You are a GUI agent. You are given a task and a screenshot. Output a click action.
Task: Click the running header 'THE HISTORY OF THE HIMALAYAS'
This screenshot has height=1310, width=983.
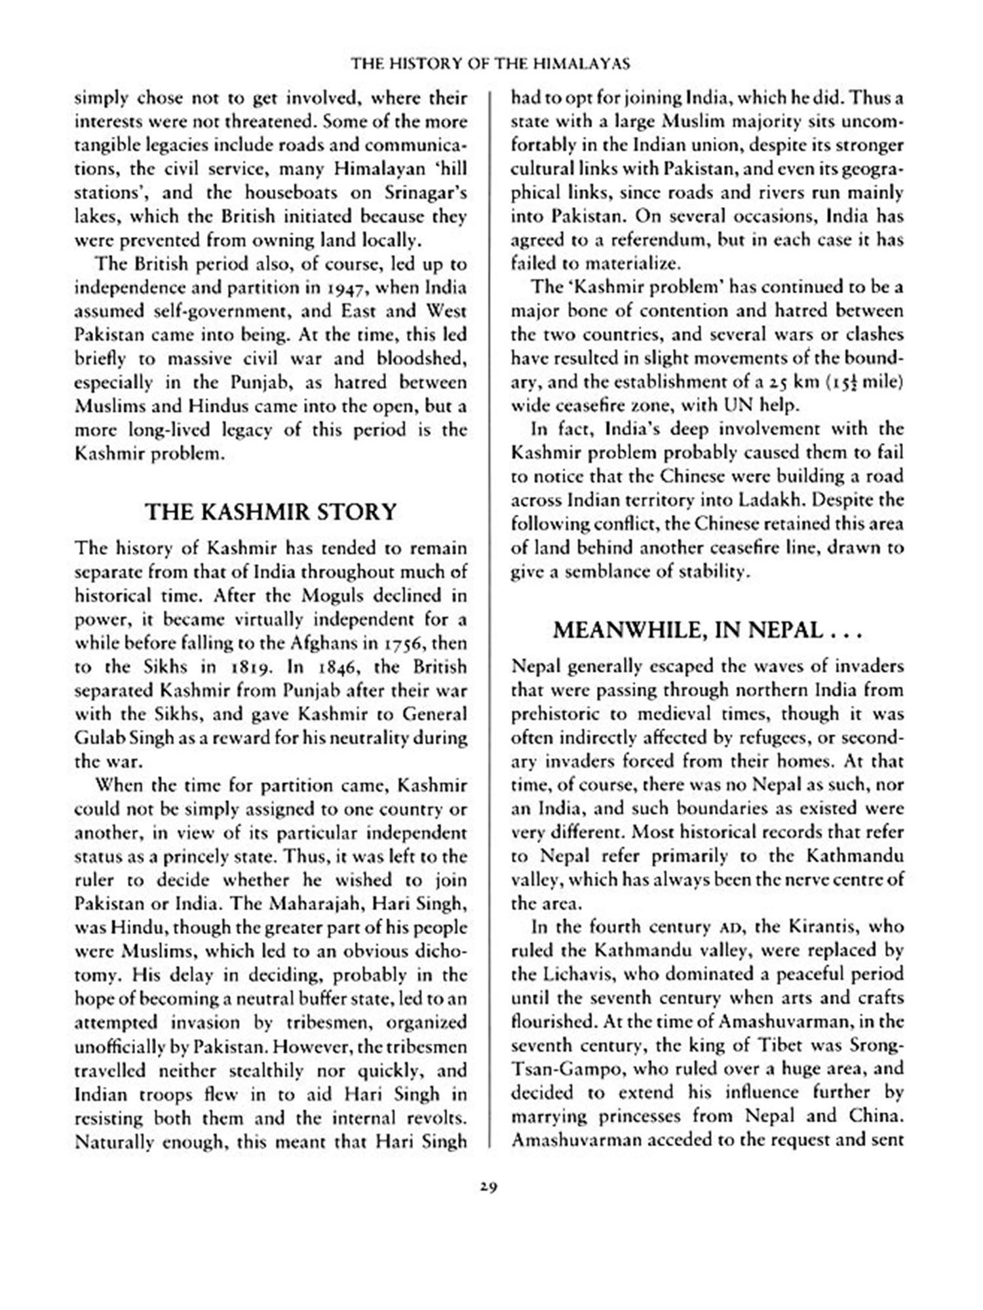pyautogui.click(x=490, y=64)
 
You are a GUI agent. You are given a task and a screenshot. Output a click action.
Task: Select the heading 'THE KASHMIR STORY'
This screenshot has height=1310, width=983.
pyautogui.click(x=271, y=512)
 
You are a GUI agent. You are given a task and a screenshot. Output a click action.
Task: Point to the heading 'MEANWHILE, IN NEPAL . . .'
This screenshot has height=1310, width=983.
pyautogui.click(x=706, y=630)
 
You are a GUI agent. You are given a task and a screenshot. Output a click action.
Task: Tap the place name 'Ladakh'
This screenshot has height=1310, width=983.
pyautogui.click(x=771, y=500)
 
